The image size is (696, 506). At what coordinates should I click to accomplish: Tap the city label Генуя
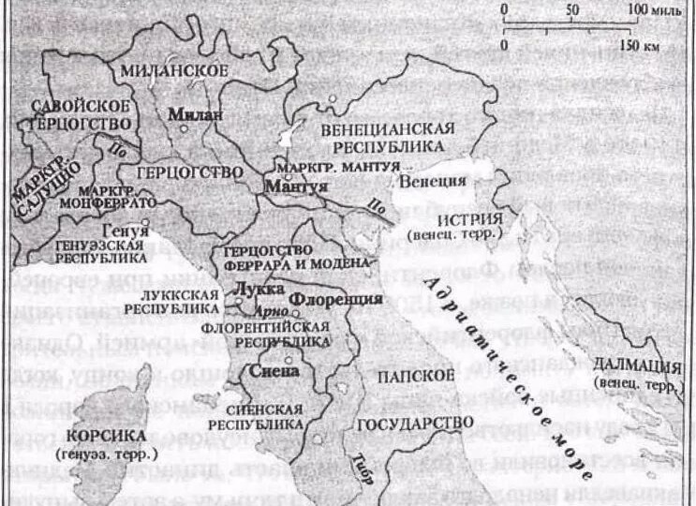[x=132, y=230]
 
